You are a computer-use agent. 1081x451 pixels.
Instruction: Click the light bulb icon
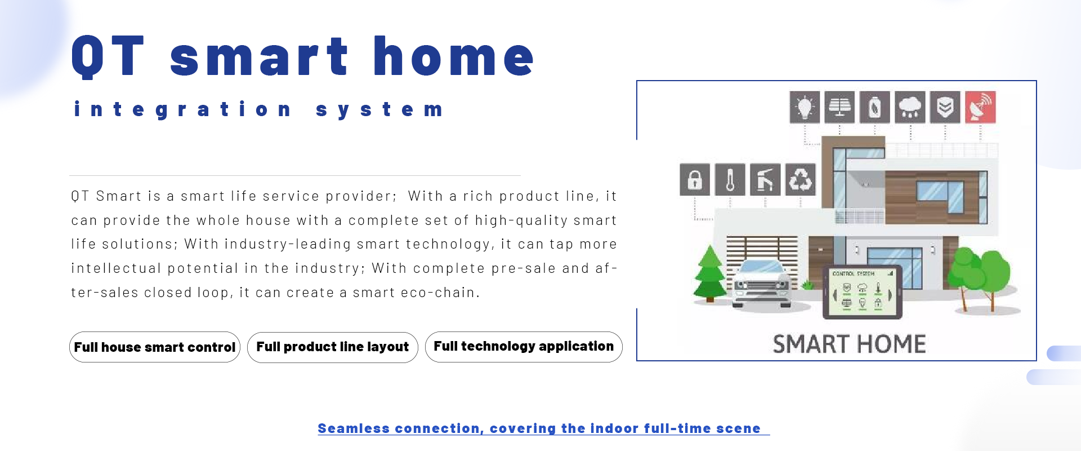[805, 107]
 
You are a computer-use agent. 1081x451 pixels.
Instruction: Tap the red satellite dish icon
[980, 107]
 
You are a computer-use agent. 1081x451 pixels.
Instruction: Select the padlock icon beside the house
[695, 180]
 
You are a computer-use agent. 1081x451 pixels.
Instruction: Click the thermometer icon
[730, 180]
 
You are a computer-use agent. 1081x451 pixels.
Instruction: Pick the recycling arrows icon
[800, 180]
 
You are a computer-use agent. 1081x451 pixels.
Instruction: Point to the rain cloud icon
[910, 107]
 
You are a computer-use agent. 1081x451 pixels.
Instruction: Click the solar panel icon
[839, 107]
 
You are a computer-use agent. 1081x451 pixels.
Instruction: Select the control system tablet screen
[863, 292]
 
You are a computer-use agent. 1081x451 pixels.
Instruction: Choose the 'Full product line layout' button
[333, 347]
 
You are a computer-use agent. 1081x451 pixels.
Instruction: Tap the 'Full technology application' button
[524, 347]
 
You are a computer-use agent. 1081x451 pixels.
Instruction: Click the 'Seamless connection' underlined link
[539, 428]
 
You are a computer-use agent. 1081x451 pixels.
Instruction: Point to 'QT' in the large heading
[108, 56]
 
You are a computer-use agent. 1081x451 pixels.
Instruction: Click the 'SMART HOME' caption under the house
[849, 344]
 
